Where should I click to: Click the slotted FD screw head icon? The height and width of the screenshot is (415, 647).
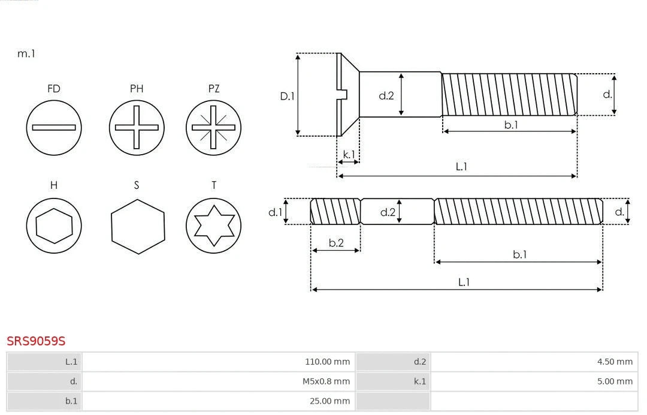tap(54, 127)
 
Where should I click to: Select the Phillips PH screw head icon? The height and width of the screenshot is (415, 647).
tap(137, 127)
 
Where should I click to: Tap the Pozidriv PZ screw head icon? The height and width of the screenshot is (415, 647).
tap(213, 127)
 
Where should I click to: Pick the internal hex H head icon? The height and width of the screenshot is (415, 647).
tap(54, 226)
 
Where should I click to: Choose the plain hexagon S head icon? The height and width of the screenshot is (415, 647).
tap(138, 226)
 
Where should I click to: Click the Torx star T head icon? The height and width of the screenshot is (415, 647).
tap(213, 226)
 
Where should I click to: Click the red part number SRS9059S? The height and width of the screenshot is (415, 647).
tap(36, 341)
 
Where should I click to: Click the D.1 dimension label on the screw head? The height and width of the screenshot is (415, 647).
tap(288, 95)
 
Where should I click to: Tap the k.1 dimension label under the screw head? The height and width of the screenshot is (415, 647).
tap(349, 155)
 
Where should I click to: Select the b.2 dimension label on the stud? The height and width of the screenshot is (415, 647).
tap(336, 243)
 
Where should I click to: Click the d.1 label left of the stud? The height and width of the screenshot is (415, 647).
tap(275, 212)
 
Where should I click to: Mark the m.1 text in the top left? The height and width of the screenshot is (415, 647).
tap(26, 53)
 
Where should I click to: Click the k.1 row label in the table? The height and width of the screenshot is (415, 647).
tap(419, 381)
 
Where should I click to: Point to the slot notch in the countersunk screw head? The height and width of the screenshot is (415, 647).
tap(343, 94)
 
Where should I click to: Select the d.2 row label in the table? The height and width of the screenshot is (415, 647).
tap(419, 362)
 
